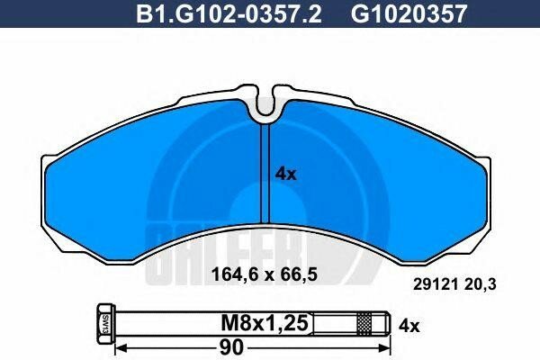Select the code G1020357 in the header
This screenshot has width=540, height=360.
click(390, 13)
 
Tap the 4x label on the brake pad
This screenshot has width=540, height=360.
click(284, 175)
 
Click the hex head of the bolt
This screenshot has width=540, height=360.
click(102, 321)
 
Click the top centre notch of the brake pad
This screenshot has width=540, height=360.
click(266, 107)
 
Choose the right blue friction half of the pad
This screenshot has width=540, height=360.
click(378, 180)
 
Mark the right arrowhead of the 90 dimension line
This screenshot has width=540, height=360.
click(389, 346)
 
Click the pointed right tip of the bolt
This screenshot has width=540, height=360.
click(389, 321)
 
